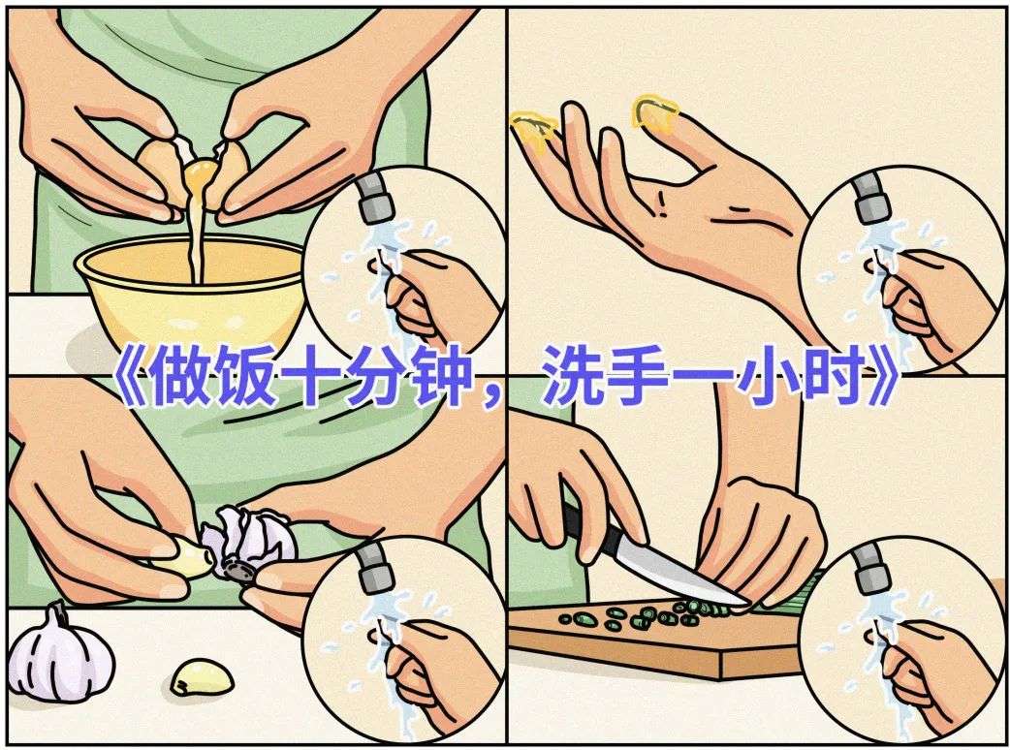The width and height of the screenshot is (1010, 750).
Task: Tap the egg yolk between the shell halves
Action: coord(201,172)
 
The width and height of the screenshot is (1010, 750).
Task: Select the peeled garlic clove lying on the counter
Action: coord(202,676)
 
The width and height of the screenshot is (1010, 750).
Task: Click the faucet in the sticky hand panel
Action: coord(871,198)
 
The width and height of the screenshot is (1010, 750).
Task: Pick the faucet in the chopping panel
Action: coord(871,568)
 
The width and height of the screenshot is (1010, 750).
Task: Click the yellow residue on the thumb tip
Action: coord(533,129)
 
